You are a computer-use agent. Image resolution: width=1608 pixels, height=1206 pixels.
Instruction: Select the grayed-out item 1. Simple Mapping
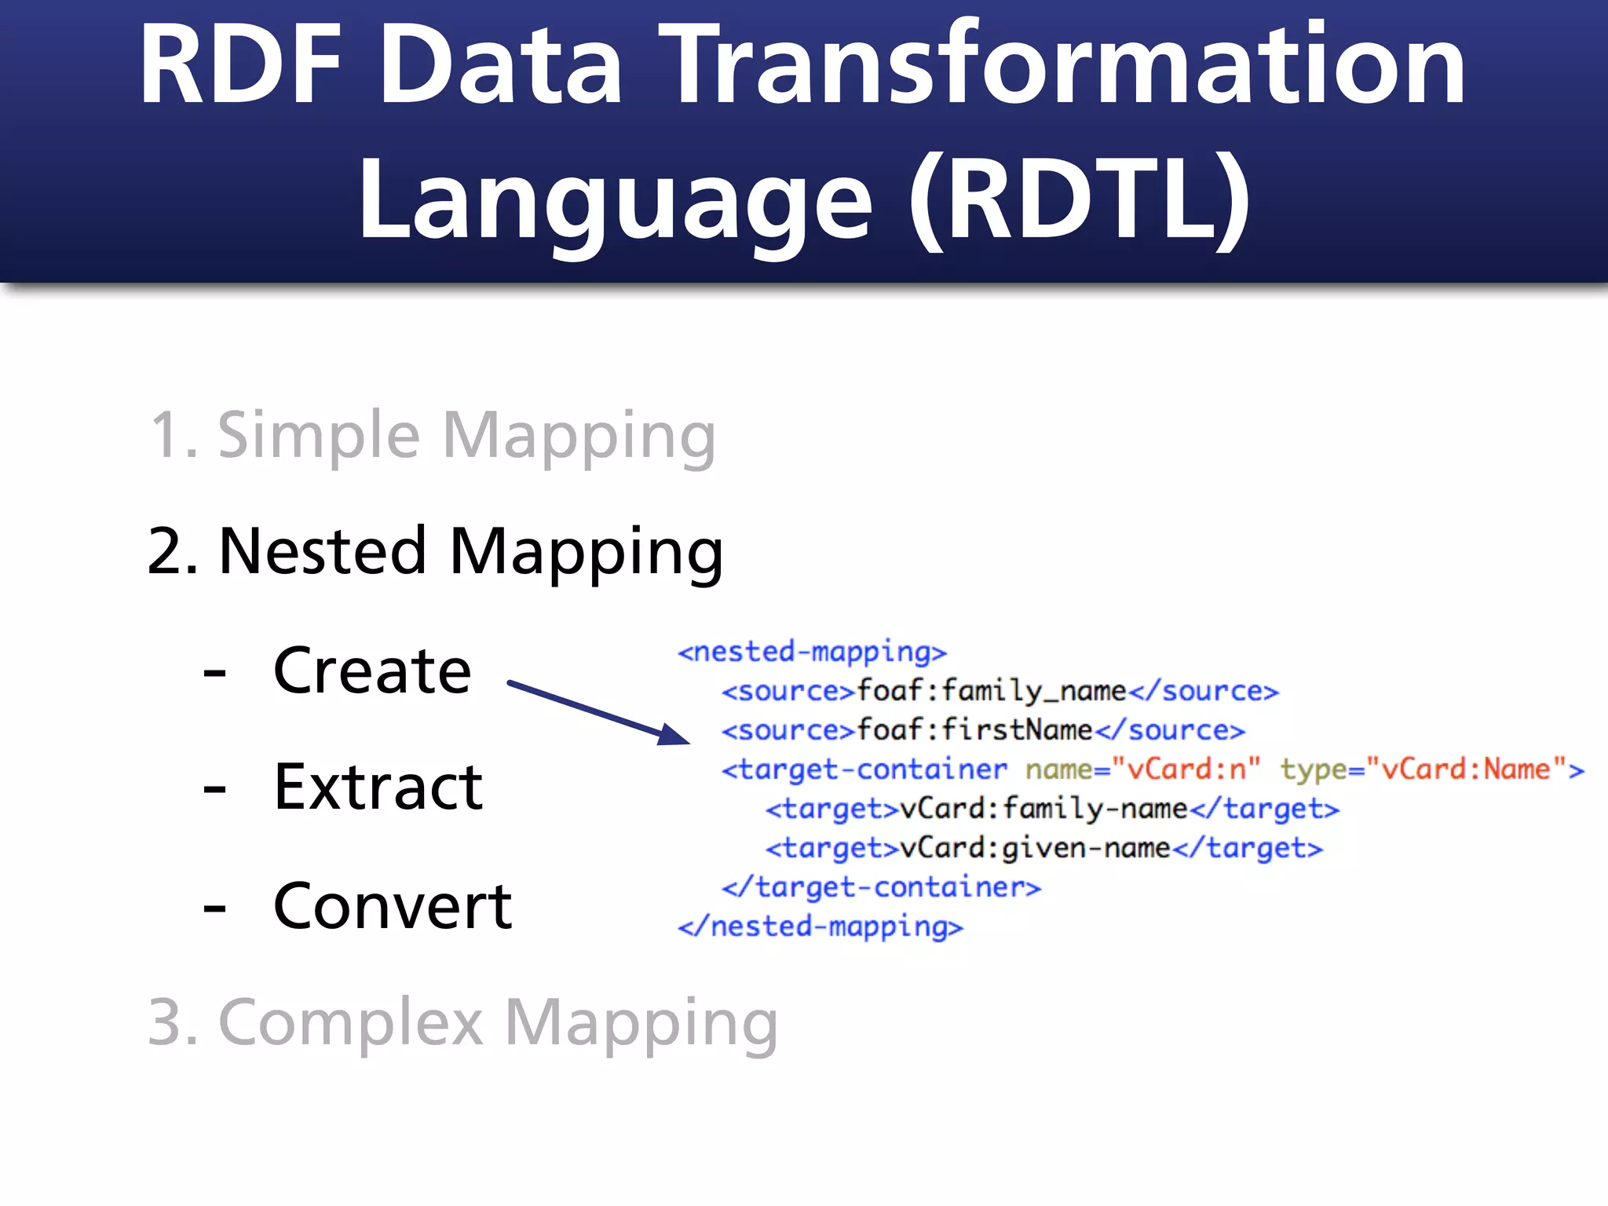click(432, 436)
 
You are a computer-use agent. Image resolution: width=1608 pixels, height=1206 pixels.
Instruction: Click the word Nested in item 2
click(322, 551)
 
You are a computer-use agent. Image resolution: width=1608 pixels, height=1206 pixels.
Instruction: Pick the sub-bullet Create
click(372, 671)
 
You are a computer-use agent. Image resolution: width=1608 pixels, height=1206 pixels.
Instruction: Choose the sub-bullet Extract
click(378, 788)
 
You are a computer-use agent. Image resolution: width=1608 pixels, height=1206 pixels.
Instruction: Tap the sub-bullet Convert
click(393, 906)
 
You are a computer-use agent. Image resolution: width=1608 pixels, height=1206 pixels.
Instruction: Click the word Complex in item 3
click(350, 1022)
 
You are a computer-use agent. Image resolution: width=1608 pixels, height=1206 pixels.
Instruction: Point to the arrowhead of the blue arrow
click(674, 735)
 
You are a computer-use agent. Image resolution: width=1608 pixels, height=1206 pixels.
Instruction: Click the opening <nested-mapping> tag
click(812, 652)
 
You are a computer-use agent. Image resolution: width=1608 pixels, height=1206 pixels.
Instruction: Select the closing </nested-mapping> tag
click(820, 926)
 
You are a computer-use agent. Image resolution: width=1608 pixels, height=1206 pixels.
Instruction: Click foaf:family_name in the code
click(991, 691)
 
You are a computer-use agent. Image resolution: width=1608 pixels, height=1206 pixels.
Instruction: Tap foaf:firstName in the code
click(974, 730)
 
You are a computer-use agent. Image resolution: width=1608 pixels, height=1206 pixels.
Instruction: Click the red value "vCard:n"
click(1186, 769)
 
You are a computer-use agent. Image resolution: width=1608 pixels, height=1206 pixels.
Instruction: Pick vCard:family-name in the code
click(1043, 809)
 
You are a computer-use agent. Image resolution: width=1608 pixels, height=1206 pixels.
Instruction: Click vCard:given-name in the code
click(1035, 848)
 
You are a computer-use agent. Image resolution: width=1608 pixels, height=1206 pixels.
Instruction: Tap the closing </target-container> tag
click(881, 887)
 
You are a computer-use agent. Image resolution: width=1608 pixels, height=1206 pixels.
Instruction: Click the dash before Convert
click(214, 908)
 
